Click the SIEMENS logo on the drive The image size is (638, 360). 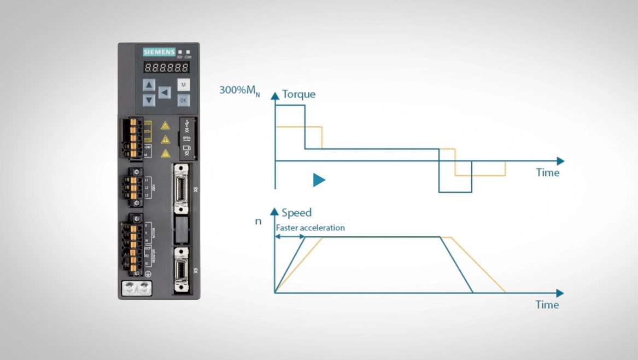pos(159,53)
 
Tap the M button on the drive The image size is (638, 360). pos(184,85)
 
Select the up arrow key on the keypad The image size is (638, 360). pos(149,85)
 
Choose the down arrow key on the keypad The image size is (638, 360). pos(149,100)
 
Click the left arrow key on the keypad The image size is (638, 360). pos(165,92)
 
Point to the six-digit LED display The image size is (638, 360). pos(167,68)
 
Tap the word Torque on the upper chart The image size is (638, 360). pos(298,94)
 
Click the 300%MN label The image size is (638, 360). pos(239,90)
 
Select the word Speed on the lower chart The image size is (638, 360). pos(296,212)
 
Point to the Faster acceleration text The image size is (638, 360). pos(310,228)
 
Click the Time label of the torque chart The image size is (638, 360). pos(547,173)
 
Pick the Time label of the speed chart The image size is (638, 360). pos(547,305)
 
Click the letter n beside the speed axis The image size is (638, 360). pos(258,222)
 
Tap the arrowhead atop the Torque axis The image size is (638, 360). pos(275,95)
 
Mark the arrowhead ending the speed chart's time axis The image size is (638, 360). pos(560,293)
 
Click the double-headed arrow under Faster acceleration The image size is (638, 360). pos(290,236)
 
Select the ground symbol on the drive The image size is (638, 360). pos(148,272)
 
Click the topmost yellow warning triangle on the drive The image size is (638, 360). pos(165,125)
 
